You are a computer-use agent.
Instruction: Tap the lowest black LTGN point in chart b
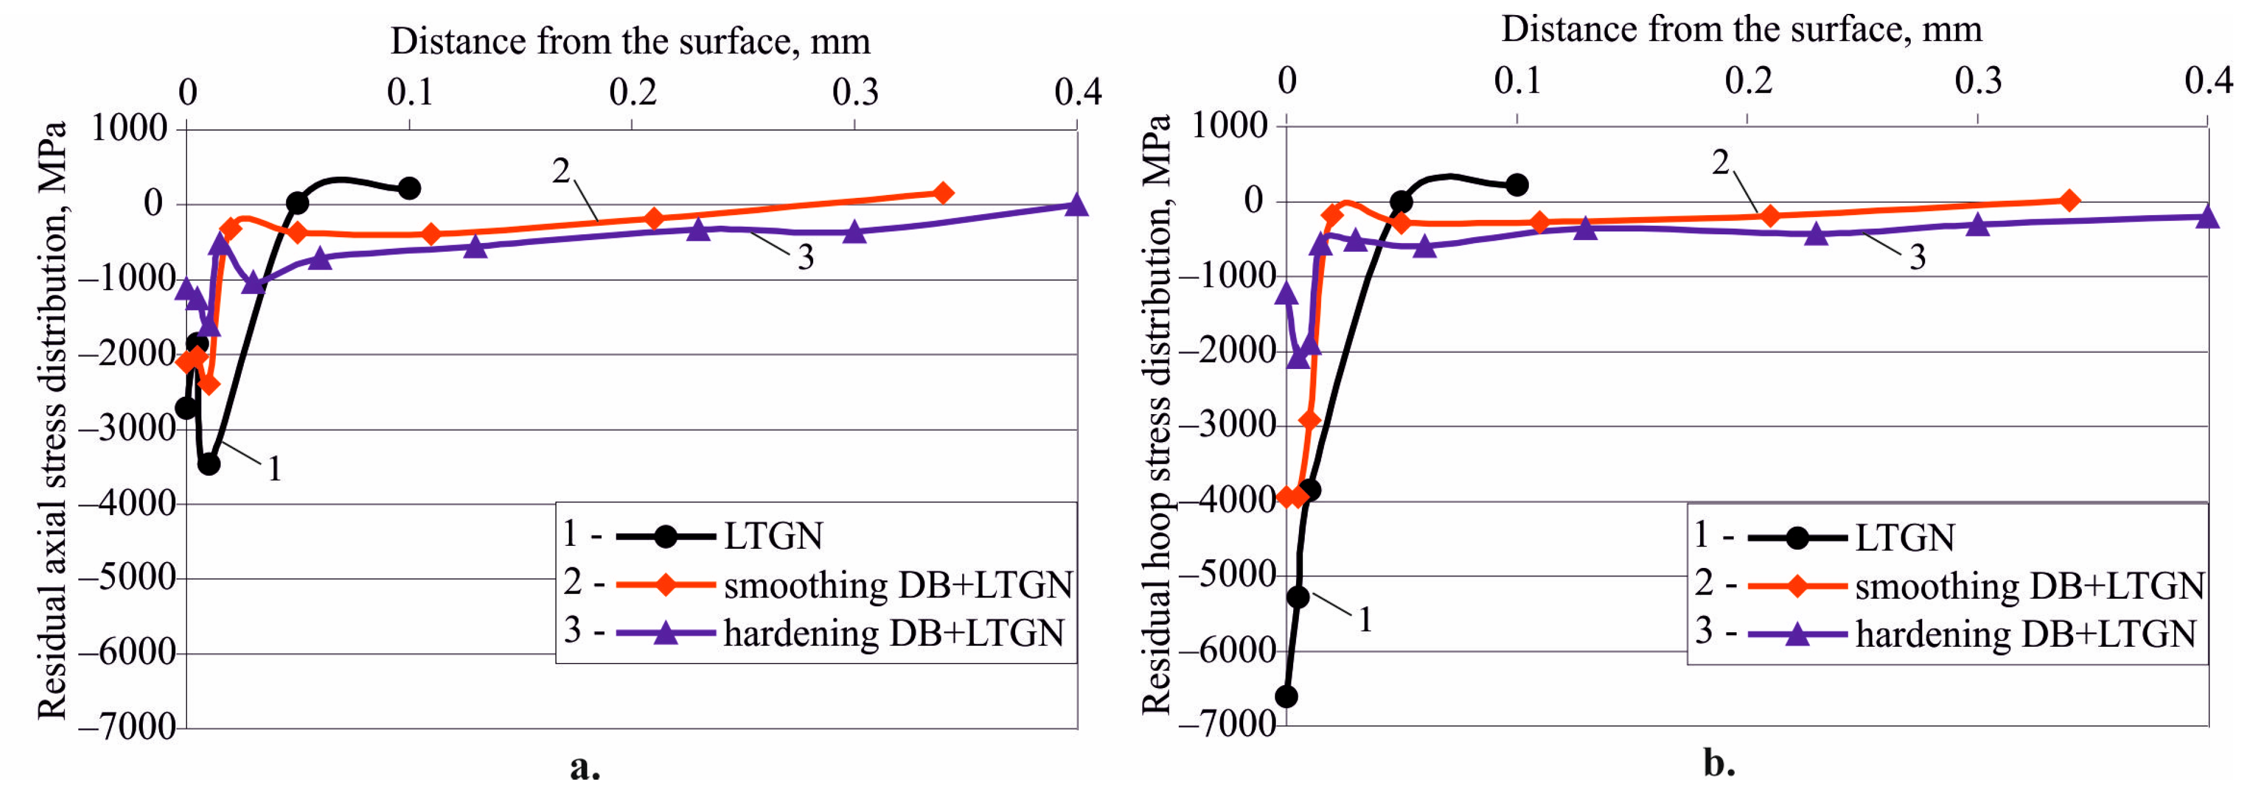click(1286, 696)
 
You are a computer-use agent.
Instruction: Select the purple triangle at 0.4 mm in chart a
click(1076, 205)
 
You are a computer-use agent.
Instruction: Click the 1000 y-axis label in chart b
click(1229, 125)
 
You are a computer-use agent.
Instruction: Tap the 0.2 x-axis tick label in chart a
click(633, 92)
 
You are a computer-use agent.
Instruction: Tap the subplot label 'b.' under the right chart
click(1719, 763)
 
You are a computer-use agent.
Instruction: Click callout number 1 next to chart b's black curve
click(1365, 620)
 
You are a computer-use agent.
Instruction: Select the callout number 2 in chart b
click(1720, 162)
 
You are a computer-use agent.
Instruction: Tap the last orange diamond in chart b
click(2069, 201)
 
